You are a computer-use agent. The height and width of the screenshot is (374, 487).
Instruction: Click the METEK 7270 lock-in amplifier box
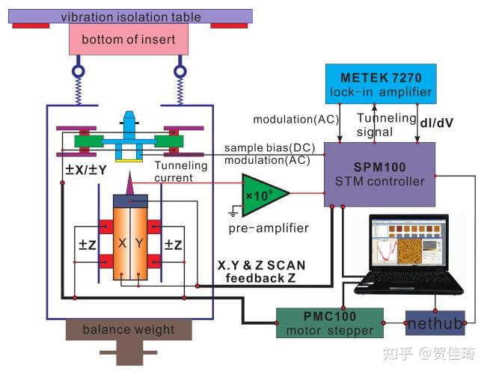381,84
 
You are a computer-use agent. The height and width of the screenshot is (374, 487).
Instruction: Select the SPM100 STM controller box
379,174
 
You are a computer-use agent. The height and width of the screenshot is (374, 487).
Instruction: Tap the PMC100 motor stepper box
330,323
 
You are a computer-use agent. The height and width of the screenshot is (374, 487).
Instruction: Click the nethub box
435,323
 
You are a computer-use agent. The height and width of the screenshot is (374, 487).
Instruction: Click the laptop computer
408,254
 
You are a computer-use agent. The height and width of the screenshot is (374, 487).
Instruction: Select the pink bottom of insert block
129,40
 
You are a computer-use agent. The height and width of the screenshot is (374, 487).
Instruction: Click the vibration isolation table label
131,16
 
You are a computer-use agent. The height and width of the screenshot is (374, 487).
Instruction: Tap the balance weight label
129,329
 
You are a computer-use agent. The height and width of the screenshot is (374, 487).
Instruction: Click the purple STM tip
130,183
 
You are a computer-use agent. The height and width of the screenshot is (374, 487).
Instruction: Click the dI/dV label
436,123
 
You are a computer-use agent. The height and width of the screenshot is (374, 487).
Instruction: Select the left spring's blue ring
79,71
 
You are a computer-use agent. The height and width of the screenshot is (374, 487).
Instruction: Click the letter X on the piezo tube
123,243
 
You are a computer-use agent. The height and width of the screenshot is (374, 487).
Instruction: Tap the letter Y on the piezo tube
139,243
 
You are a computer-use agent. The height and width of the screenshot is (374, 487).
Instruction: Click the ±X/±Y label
86,170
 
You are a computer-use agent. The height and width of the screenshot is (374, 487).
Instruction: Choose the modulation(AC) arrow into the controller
340,123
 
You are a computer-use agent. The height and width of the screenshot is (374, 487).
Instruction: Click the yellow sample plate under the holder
129,161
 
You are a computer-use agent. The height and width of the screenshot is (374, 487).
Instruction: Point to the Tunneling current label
181,171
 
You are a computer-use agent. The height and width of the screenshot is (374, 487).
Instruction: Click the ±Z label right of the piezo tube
173,245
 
